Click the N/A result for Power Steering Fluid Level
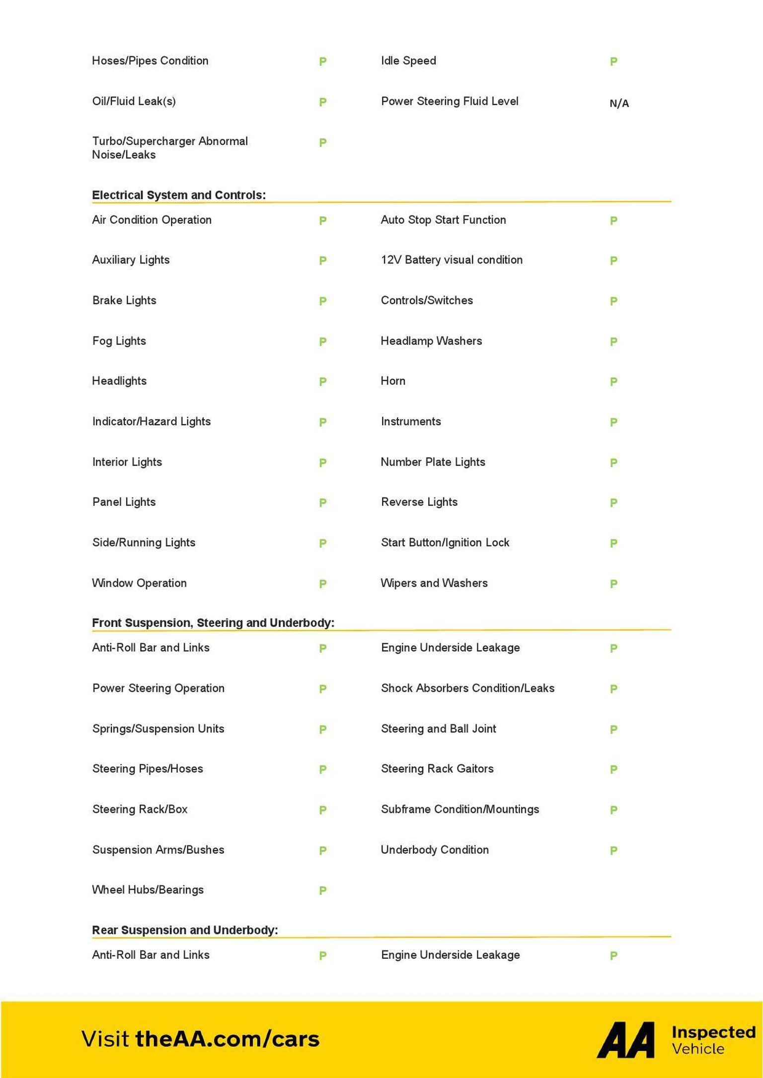(619, 103)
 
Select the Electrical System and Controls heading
(179, 195)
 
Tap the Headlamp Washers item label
(431, 341)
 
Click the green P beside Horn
(613, 382)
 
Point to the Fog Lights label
(119, 341)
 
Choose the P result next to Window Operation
(322, 584)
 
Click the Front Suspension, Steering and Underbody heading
(213, 623)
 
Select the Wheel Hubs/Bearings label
(148, 890)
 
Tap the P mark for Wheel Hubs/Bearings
(322, 890)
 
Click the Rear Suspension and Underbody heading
(185, 930)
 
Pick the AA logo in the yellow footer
(626, 1040)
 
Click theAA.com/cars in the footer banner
(228, 1039)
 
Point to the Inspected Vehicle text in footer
(713, 1040)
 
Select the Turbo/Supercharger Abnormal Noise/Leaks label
(170, 148)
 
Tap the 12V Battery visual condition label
(452, 260)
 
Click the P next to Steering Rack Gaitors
(613, 769)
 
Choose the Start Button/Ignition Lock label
(445, 542)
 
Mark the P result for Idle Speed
(613, 62)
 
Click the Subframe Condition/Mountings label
(460, 809)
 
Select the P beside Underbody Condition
(613, 850)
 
